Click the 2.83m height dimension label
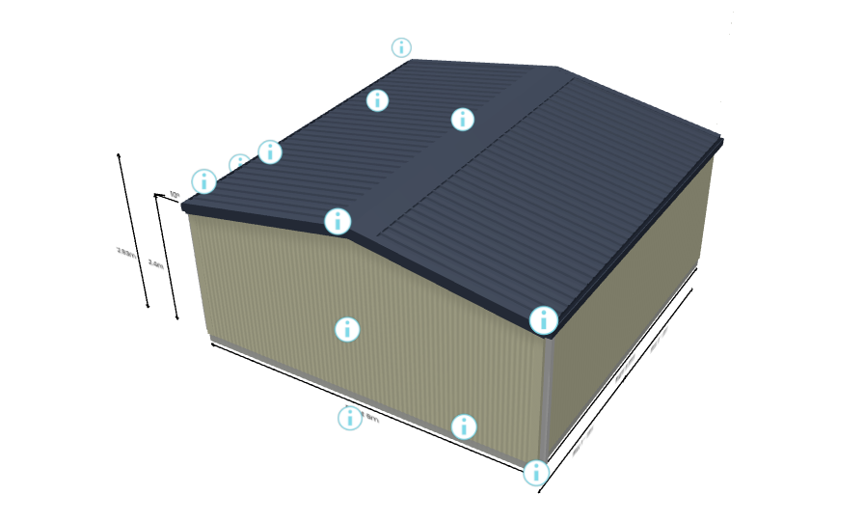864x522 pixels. (125, 252)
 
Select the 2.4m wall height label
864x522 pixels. (155, 262)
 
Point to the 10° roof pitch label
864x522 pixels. (174, 195)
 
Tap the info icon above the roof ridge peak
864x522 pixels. (401, 47)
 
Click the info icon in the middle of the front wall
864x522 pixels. (347, 330)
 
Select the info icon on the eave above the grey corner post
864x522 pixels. (544, 319)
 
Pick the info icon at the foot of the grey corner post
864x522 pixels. (535, 472)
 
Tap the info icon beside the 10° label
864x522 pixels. (204, 180)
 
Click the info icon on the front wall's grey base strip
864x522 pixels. (464, 426)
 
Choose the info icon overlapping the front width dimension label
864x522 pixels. (349, 418)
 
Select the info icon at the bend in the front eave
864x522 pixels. (337, 221)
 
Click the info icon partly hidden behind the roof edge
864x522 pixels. (238, 164)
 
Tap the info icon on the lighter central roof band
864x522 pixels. (463, 119)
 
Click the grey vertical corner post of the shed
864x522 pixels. (548, 396)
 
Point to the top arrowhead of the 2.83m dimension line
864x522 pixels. (119, 154)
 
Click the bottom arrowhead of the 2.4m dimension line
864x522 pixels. (177, 317)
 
